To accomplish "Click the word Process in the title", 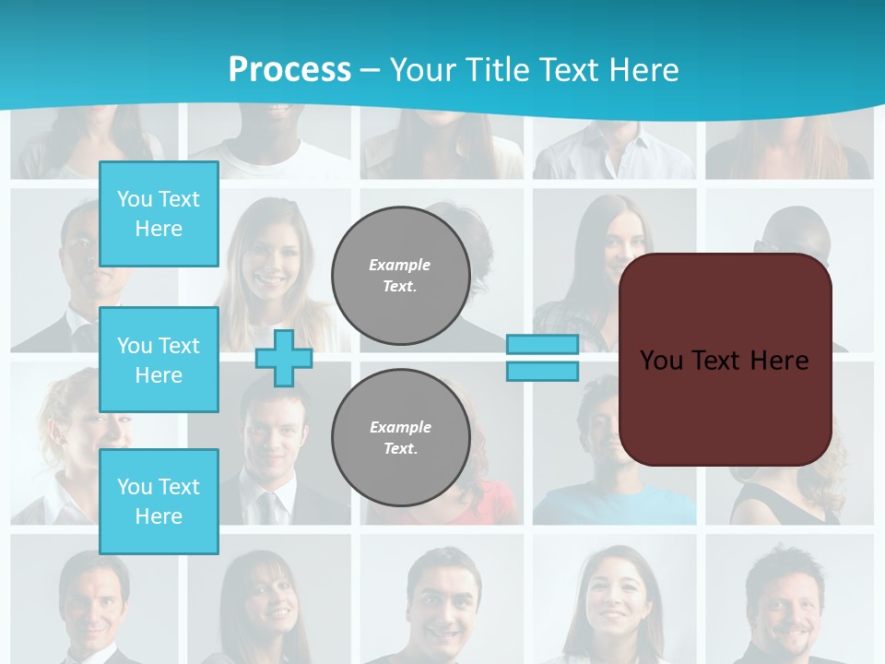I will coord(289,70).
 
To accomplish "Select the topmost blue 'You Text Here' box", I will coord(159,214).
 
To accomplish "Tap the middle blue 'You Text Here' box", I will coord(159,360).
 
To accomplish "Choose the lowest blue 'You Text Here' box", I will coord(159,501).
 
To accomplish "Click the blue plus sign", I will coord(283,358).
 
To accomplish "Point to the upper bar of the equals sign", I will coord(542,345).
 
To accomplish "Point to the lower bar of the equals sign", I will coord(542,371).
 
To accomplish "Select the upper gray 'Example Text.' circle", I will coord(400,276).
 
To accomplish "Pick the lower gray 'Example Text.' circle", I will coord(400,437).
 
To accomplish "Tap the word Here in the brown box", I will coord(779,361).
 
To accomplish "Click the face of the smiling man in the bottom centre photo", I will coord(442,599).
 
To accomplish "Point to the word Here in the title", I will coord(643,70).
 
